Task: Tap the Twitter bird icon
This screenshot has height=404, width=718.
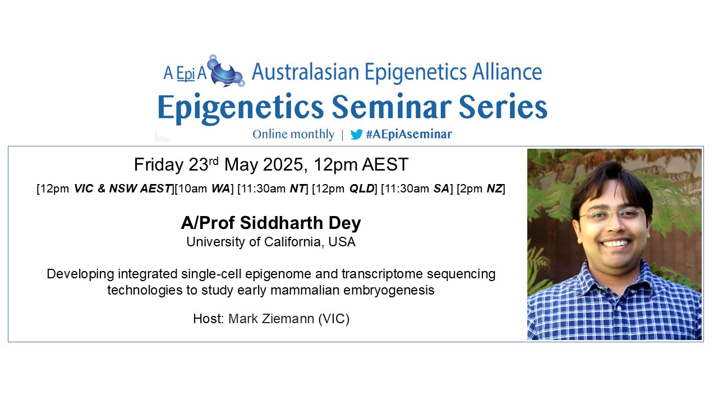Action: tap(356, 135)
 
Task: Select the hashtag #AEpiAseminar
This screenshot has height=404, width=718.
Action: tap(409, 134)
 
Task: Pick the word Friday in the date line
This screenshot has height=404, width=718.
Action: tap(159, 165)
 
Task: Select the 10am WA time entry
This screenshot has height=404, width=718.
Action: tap(204, 189)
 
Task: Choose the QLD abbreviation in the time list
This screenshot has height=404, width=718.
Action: tap(362, 189)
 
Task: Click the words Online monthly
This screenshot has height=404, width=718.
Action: tap(293, 134)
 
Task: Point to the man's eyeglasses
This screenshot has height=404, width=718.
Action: tap(611, 215)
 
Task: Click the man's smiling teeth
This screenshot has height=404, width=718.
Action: tap(615, 243)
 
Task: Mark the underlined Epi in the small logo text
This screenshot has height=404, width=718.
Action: tap(186, 74)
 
